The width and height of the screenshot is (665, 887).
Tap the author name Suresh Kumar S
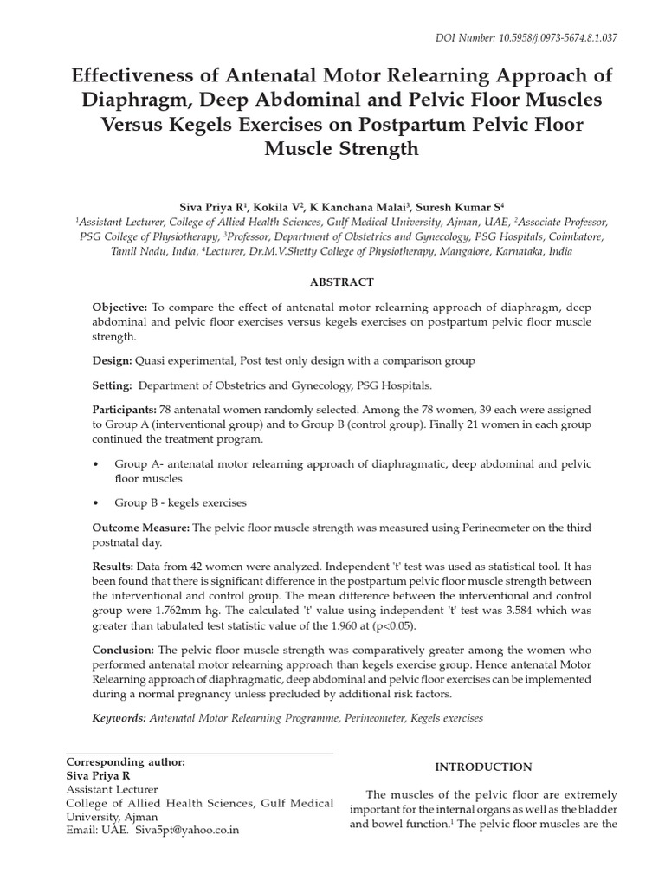460,207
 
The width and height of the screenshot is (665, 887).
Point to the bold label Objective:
120,308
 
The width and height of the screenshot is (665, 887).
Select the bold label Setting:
113,385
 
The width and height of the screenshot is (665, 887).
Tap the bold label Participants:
125,410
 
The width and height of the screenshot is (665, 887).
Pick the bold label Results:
114,565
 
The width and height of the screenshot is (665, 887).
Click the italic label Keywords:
119,718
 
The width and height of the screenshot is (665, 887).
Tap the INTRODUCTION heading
483,767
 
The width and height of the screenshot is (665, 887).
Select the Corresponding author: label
126,761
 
